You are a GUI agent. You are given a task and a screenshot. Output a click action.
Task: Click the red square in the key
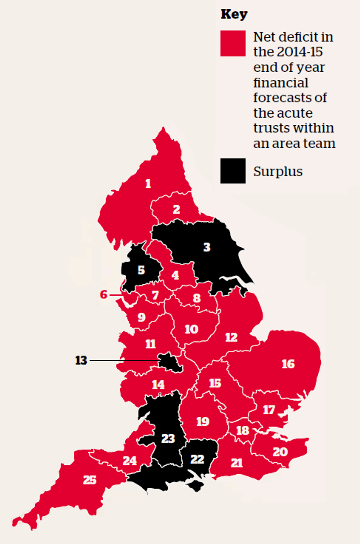pos(233,43)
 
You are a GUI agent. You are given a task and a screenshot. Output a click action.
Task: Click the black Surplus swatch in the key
pos(233,171)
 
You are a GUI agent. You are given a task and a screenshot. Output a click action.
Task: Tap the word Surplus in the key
pos(278,172)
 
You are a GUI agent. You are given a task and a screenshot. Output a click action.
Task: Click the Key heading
pos(234,14)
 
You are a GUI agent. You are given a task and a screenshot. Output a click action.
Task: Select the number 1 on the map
pos(148,183)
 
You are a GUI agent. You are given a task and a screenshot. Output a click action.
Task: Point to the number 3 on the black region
pos(207,247)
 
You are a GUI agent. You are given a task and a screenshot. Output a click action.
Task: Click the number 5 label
pos(141,270)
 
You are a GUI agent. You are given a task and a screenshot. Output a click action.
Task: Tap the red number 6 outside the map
pos(104,294)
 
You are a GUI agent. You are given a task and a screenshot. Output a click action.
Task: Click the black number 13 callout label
pos(81,360)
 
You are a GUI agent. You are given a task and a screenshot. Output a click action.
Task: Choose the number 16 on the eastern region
pos(288,364)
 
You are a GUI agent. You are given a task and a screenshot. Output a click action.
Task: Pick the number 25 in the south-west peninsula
pos(90,480)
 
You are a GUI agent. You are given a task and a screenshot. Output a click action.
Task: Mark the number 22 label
pos(197,459)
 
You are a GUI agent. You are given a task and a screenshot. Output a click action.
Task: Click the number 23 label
pos(168,439)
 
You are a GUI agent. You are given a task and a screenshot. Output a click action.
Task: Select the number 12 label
pos(231,337)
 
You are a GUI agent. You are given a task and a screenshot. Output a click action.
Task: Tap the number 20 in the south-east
pos(280,452)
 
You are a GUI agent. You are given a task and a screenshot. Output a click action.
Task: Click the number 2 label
pos(177,209)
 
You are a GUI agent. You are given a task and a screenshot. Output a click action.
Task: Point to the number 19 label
pos(203,421)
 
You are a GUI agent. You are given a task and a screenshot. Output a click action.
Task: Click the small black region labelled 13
pos(170,362)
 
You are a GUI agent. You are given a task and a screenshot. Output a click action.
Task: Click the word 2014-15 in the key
pos(300,52)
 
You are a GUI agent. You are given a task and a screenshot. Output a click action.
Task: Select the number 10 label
pos(191,329)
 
